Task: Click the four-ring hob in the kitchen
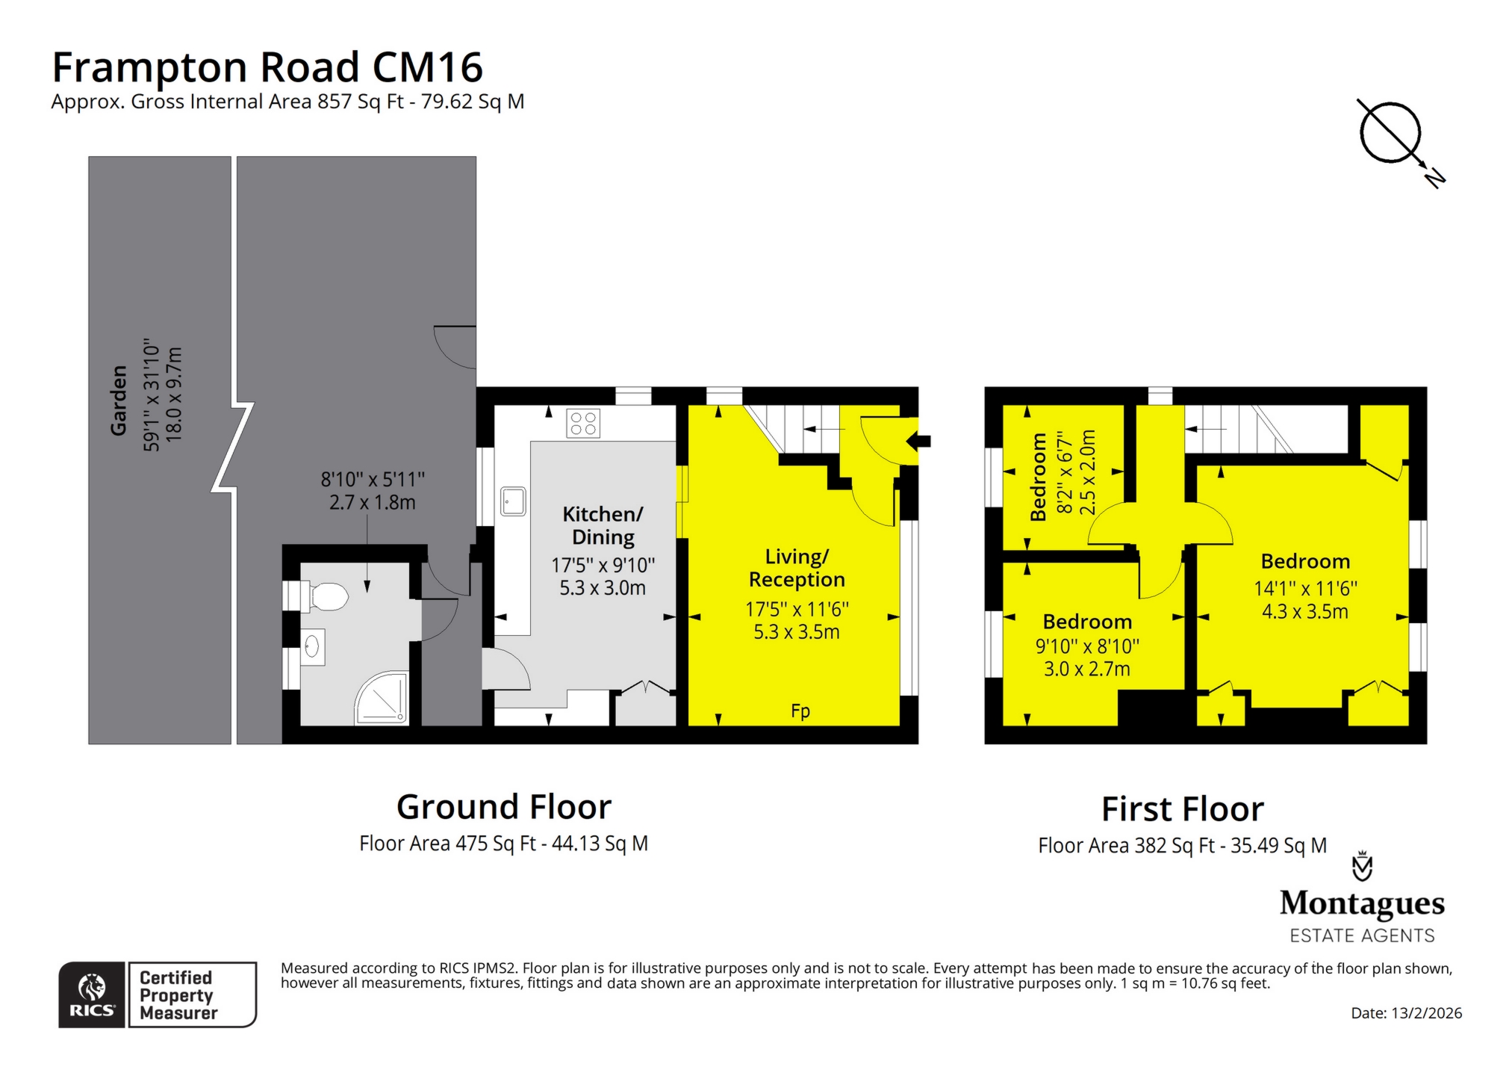click(583, 423)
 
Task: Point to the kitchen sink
click(513, 501)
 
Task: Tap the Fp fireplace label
click(800, 711)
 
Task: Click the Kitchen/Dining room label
click(603, 525)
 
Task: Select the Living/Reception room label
click(797, 568)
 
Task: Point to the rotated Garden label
click(119, 400)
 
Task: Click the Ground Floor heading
click(503, 806)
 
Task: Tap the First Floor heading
click(1182, 808)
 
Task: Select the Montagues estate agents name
click(1362, 903)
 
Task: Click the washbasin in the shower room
click(313, 646)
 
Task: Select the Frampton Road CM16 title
click(267, 67)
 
